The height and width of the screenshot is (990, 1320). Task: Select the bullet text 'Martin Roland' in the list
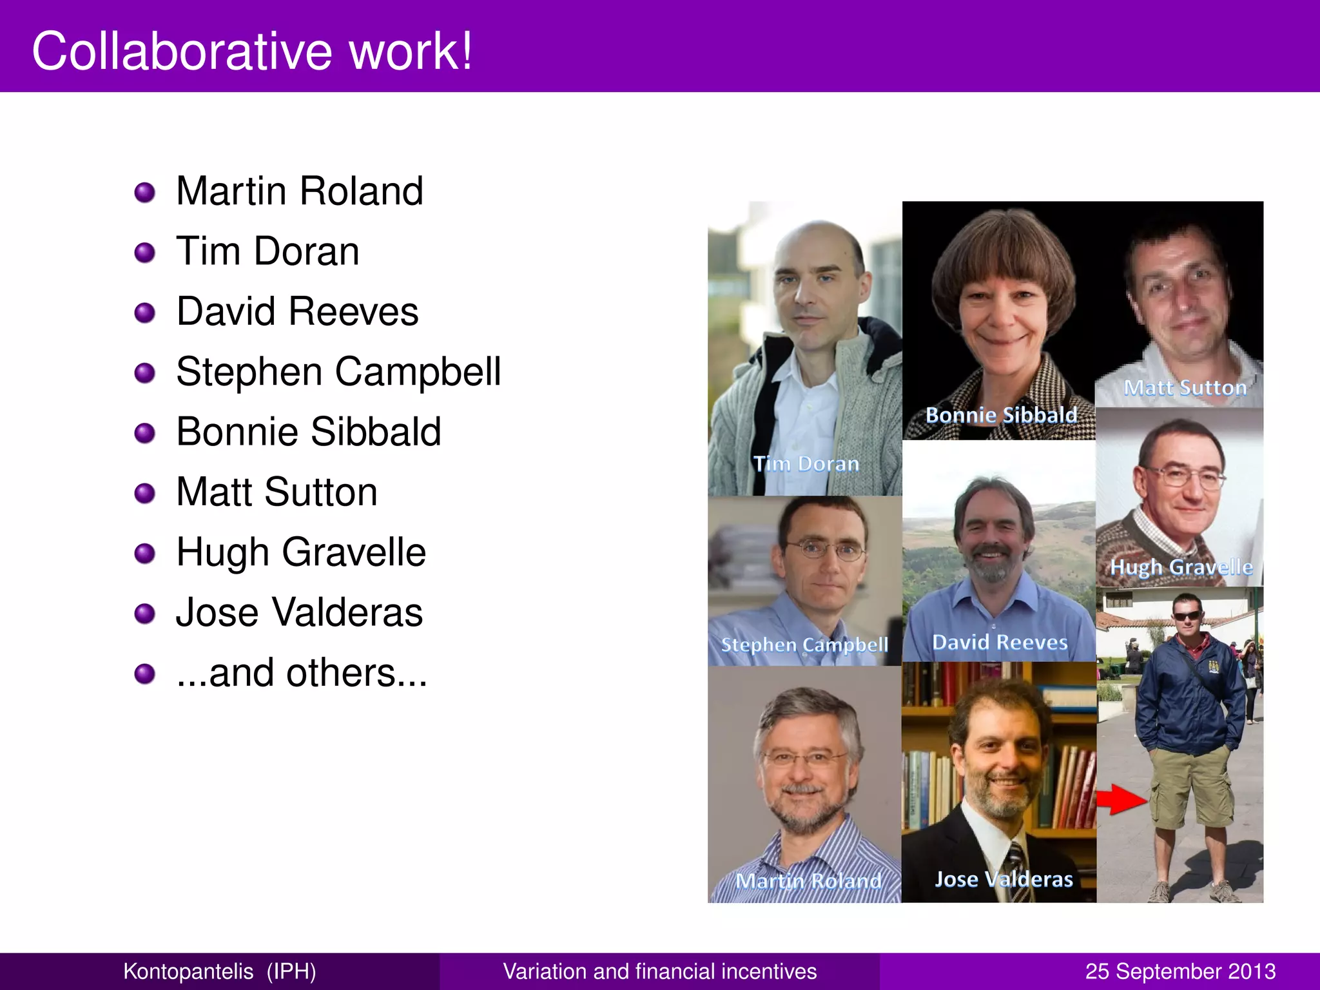(300, 191)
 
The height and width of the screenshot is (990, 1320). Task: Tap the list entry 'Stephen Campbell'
(338, 372)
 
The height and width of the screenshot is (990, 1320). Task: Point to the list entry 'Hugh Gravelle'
(301, 552)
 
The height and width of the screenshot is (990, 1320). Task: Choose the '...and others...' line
(302, 673)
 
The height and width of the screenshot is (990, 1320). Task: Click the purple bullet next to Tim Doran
(145, 253)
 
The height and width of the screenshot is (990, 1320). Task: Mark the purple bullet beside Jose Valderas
(145, 614)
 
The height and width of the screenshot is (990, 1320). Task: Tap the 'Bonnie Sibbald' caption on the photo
(1001, 415)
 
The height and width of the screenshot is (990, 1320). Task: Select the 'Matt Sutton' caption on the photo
(1185, 387)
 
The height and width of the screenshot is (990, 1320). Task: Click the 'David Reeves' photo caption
(1000, 642)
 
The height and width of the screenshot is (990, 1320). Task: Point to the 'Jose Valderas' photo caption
(1004, 879)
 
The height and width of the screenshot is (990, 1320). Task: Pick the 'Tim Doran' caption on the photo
(806, 463)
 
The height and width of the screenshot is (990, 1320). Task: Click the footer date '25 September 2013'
(1180, 971)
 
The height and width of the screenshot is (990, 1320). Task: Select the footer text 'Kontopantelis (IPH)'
(220, 971)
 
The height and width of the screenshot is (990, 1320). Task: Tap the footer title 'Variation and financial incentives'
(659, 971)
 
